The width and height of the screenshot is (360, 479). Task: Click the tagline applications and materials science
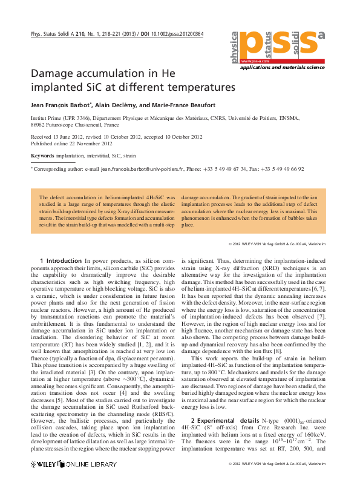click(x=283, y=68)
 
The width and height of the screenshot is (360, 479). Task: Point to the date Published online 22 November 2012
click(x=71, y=144)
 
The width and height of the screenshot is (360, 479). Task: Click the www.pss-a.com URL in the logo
click(x=254, y=62)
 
